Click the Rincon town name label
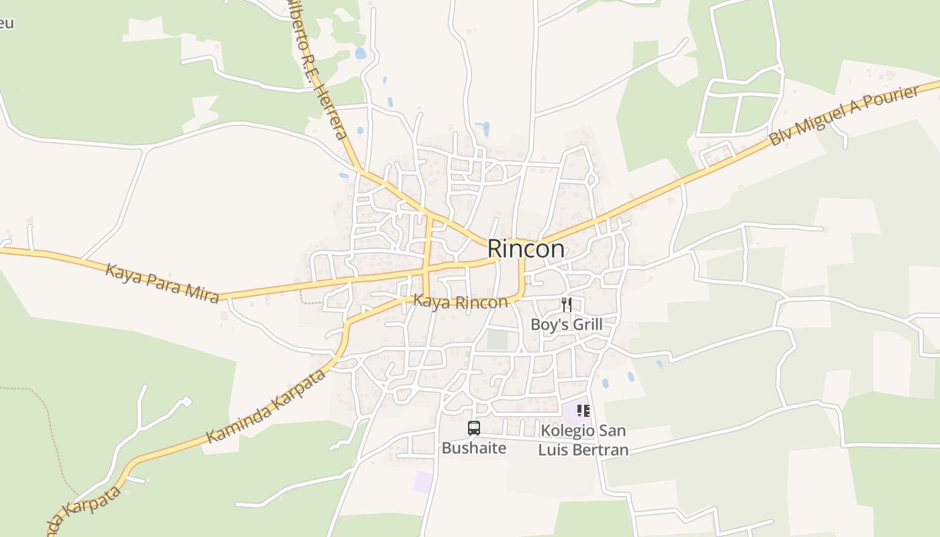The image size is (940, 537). point(526,248)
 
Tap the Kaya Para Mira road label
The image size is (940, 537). point(162,283)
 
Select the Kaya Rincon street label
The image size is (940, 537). point(460,302)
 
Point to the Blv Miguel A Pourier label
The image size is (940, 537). point(843,116)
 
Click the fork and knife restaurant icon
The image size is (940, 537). point(567,305)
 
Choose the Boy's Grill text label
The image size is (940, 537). point(566,325)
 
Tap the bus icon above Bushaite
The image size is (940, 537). point(473,428)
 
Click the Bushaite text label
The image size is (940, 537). point(473,448)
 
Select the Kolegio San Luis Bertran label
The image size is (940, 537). point(583,440)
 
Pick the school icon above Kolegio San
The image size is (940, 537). point(583,410)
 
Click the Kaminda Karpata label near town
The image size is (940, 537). point(266,405)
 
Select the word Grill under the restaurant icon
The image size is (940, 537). point(584,325)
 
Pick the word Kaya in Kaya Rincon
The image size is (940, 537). point(428,301)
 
